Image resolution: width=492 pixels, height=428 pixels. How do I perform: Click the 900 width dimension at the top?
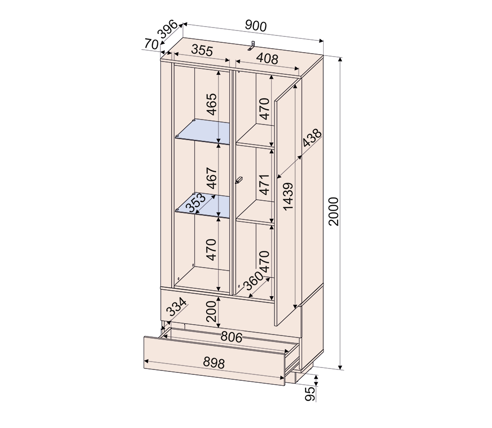pyautogui.click(x=256, y=26)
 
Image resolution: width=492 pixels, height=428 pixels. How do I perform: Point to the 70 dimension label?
pyautogui.click(x=151, y=44)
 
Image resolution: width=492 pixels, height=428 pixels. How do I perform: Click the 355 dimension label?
pyautogui.click(x=202, y=50)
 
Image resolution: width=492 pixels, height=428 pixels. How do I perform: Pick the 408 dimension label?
pyautogui.click(x=267, y=59)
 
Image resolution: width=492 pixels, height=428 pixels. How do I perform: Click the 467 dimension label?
pyautogui.click(x=212, y=178)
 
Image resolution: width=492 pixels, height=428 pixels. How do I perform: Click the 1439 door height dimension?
pyautogui.click(x=287, y=196)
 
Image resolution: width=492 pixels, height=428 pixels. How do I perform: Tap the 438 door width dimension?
pyautogui.click(x=312, y=138)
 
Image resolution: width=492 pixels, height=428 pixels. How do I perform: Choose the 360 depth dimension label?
pyautogui.click(x=253, y=281)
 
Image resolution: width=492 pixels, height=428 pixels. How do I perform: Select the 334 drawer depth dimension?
pyautogui.click(x=176, y=307)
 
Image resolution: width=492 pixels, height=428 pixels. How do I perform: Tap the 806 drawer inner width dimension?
pyautogui.click(x=232, y=337)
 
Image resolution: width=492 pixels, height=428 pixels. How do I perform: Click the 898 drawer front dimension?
pyautogui.click(x=214, y=363)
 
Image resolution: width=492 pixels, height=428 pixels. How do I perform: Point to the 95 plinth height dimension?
pyautogui.click(x=310, y=394)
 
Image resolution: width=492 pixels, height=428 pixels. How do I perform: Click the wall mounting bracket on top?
pyautogui.click(x=251, y=45)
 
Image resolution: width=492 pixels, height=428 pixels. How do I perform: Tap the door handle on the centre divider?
pyautogui.click(x=239, y=180)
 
